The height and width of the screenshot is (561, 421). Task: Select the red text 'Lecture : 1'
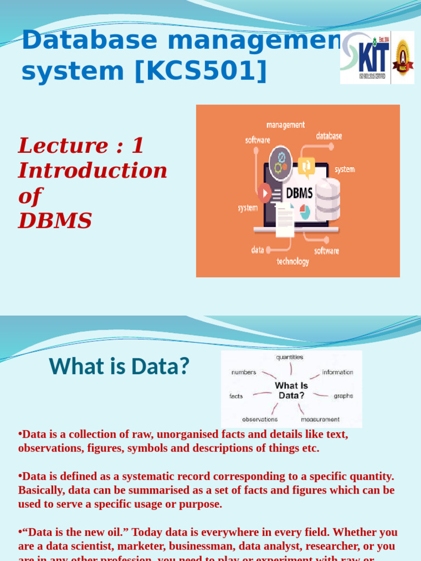(81, 146)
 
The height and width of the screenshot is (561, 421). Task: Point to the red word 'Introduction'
(93, 170)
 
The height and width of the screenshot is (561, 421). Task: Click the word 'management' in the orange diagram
(285, 125)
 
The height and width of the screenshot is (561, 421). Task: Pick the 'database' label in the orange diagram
(329, 136)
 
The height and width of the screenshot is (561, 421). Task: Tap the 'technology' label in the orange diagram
(293, 261)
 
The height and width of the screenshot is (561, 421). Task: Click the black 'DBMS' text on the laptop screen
(300, 192)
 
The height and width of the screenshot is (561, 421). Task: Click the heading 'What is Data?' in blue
(119, 367)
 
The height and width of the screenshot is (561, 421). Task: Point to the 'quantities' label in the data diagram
(289, 357)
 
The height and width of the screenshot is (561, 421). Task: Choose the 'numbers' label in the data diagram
(244, 372)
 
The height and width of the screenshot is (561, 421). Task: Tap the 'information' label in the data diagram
(338, 372)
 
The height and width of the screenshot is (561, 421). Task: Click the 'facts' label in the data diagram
(236, 396)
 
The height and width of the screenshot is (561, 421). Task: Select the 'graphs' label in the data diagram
(343, 396)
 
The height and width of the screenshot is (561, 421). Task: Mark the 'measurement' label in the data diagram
(320, 420)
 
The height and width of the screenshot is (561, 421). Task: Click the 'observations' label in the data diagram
(260, 420)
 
